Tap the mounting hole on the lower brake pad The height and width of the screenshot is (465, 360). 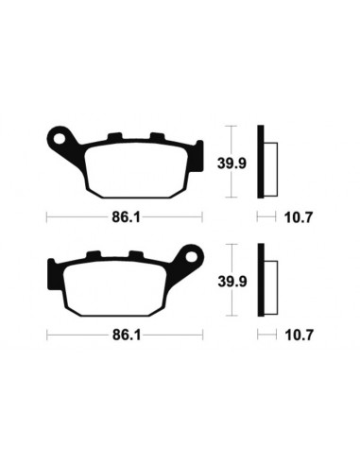coord(192,255)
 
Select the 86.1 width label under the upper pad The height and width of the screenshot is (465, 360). coord(123,216)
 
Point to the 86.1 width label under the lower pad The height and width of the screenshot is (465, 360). coord(123,335)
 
